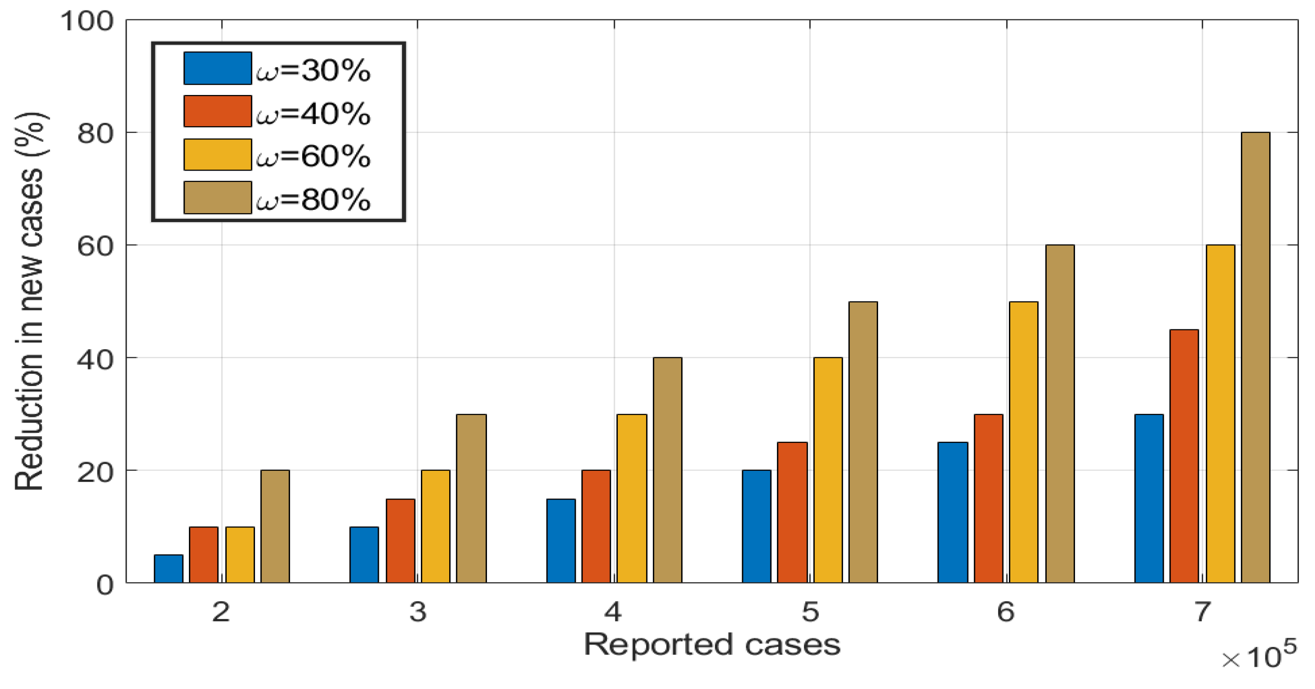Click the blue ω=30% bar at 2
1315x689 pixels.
click(169, 568)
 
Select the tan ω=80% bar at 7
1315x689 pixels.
click(1255, 358)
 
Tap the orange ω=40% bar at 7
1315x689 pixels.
click(1184, 456)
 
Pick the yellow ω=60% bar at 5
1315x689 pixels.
click(828, 470)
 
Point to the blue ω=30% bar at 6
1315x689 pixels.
click(953, 512)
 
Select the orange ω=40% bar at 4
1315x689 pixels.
click(596, 526)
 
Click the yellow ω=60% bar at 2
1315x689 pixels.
click(240, 554)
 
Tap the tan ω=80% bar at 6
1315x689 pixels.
click(1060, 413)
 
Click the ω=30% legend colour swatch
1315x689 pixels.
click(217, 68)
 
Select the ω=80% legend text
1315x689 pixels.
click(313, 200)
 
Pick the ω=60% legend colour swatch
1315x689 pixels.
click(217, 154)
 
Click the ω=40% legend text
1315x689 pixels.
click(313, 113)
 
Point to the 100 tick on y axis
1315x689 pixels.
click(87, 21)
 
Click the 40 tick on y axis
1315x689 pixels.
click(94, 359)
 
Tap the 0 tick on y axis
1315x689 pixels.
click(105, 584)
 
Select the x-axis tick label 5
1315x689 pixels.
click(810, 611)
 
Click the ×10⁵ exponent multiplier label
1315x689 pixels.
click(1259, 657)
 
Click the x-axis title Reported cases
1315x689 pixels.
click(712, 644)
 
